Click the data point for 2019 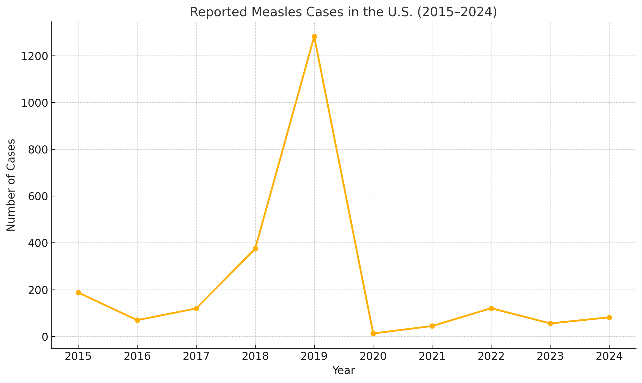(x=314, y=37)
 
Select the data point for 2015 (x=78, y=292)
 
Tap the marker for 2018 (x=255, y=249)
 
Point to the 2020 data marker (x=373, y=333)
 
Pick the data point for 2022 (x=491, y=308)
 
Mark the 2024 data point (x=609, y=317)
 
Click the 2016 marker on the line (x=137, y=320)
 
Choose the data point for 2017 (x=196, y=308)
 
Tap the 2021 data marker (x=432, y=326)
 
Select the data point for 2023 (x=550, y=323)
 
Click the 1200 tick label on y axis (x=34, y=56)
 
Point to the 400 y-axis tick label (x=38, y=243)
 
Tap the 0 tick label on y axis (x=45, y=337)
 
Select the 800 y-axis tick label (x=38, y=150)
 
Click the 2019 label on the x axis (x=314, y=356)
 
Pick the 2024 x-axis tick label (x=609, y=356)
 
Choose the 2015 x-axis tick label (x=78, y=356)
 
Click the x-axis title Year (x=344, y=371)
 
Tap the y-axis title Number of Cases (x=11, y=185)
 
